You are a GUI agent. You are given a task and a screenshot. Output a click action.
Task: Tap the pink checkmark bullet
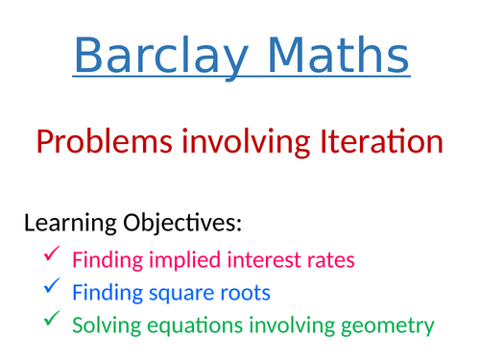52,256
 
